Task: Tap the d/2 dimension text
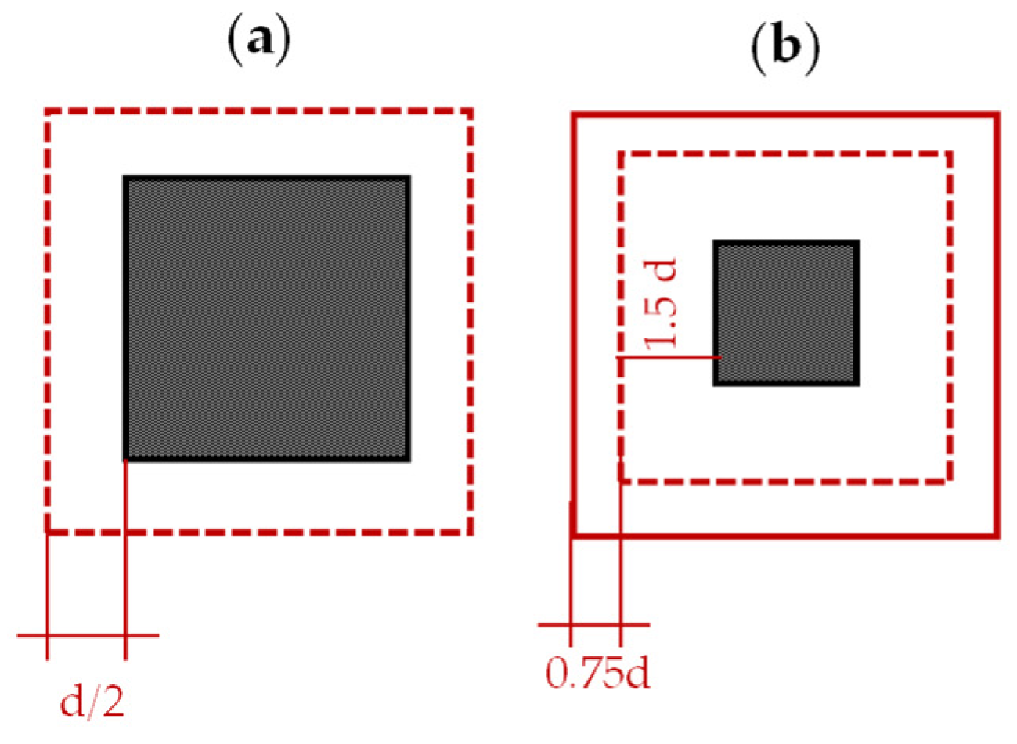[93, 703]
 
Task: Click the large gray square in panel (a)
[267, 318]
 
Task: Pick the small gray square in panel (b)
[786, 312]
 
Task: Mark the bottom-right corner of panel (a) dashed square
[471, 533]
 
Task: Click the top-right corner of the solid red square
[997, 116]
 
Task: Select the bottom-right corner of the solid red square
[997, 536]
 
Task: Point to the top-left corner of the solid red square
[574, 116]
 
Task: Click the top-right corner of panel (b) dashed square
[950, 153]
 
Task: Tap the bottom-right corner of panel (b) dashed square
[950, 480]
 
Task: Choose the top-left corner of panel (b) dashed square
[621, 153]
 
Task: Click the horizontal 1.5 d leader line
[669, 357]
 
